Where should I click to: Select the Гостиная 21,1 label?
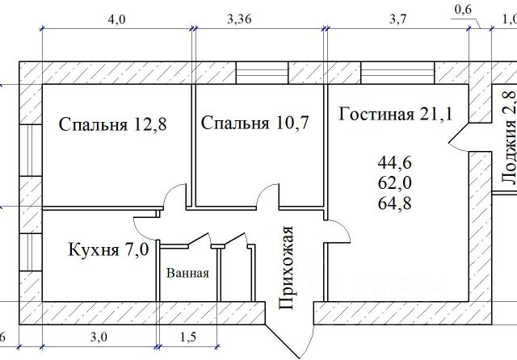(x=395, y=114)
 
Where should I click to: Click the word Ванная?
(x=187, y=273)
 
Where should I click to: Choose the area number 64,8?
(x=395, y=203)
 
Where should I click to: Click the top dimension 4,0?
(x=116, y=19)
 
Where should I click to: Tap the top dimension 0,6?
(x=464, y=10)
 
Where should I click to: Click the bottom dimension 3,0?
(x=99, y=335)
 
